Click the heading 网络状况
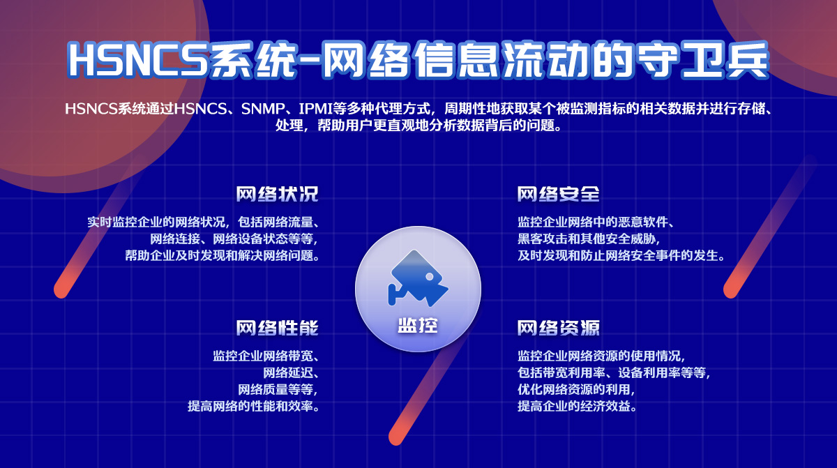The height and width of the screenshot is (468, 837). click(277, 194)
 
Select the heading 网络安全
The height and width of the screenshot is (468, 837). click(558, 194)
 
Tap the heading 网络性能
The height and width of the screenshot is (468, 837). click(277, 328)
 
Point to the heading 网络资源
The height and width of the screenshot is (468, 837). click(558, 328)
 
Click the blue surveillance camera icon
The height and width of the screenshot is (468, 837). click(418, 278)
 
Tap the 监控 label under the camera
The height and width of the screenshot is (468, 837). click(418, 325)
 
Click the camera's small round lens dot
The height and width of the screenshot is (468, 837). click(430, 276)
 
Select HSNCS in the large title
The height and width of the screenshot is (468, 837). click(138, 60)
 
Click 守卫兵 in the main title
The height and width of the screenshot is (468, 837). click(703, 60)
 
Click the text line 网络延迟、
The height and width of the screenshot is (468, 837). click(291, 372)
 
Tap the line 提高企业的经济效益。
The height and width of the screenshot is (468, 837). click(577, 406)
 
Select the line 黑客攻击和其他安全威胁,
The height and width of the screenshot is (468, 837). click(589, 239)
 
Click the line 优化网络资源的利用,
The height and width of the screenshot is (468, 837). click(576, 389)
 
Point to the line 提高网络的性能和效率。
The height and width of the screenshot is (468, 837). click(254, 406)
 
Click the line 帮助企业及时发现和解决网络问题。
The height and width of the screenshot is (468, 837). click(223, 255)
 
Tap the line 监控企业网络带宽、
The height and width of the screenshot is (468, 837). click(266, 356)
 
